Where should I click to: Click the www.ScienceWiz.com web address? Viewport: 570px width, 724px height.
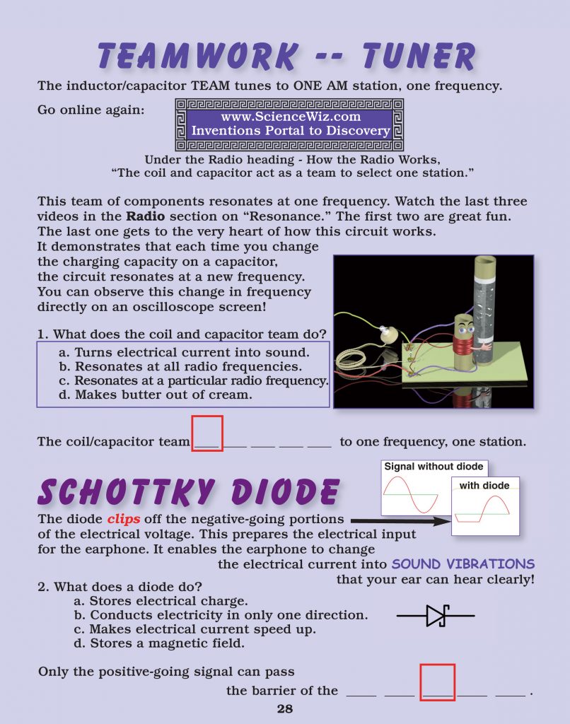click(291, 117)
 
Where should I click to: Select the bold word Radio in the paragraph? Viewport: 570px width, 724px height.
click(141, 215)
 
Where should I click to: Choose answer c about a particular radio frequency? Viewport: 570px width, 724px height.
click(201, 381)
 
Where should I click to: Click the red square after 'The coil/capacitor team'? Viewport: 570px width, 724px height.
click(207, 433)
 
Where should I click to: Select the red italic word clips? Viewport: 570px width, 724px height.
click(124, 518)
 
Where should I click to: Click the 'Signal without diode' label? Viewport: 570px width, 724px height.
click(434, 467)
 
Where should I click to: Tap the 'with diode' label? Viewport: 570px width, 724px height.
click(484, 486)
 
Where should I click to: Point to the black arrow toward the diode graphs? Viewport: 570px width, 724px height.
click(400, 522)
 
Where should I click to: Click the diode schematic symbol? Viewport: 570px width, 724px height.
click(435, 616)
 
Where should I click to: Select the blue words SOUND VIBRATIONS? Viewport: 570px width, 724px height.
click(463, 564)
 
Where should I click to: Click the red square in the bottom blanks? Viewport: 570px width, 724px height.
click(437, 682)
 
